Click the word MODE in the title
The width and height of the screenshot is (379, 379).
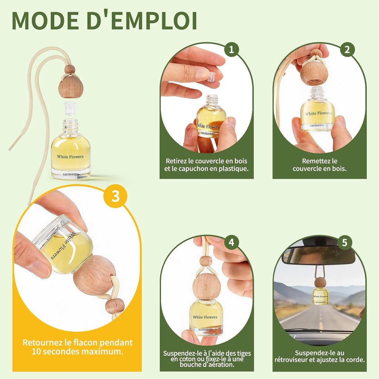pos(46,20)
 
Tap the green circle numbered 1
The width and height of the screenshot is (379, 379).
pos(232,50)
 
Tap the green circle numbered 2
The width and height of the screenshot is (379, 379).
pos(347,50)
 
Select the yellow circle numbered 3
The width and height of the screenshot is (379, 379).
pos(115,196)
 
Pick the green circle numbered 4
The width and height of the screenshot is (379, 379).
pos(232,242)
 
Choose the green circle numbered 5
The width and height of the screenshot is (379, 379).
pos(345,242)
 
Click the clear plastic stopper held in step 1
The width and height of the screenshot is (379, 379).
pos(211,77)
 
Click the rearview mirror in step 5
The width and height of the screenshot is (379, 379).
pos(320,255)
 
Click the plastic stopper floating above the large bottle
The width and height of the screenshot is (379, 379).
pos(70,108)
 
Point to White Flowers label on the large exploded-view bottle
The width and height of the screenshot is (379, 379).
pos(70,157)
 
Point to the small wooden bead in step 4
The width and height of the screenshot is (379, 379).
pos(206,261)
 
